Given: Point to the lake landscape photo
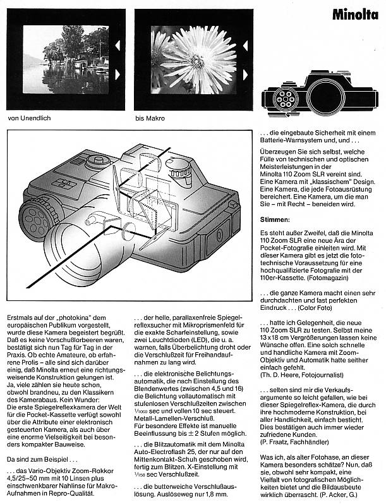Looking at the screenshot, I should coord(66,60).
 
